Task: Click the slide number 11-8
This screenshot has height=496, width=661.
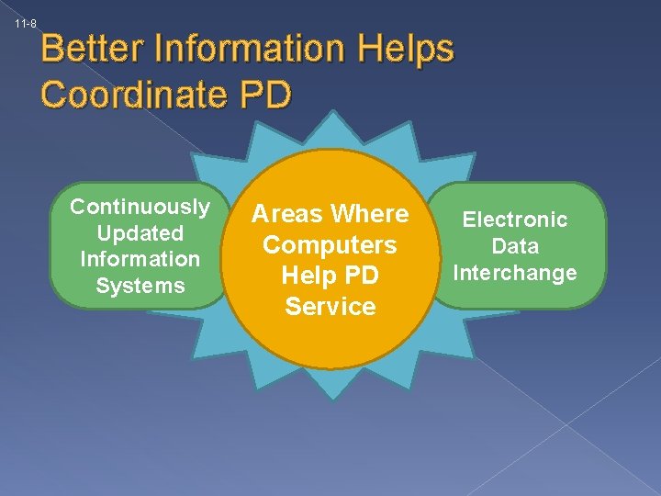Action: (x=25, y=23)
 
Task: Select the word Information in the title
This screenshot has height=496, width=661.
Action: (x=252, y=49)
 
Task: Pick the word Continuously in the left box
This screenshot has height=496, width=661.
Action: (x=140, y=206)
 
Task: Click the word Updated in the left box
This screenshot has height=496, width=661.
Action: (x=140, y=232)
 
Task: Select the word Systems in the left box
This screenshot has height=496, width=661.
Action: (x=140, y=286)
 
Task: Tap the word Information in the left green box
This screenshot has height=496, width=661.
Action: (x=140, y=259)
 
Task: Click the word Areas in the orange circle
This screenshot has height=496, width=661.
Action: (x=287, y=214)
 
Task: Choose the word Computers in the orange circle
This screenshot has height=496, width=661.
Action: (x=330, y=245)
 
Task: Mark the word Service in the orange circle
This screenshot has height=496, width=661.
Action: (x=330, y=307)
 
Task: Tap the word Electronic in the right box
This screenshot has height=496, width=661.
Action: (x=515, y=220)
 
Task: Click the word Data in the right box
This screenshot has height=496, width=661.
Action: (x=515, y=246)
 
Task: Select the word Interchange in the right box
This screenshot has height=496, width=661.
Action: (x=515, y=273)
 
